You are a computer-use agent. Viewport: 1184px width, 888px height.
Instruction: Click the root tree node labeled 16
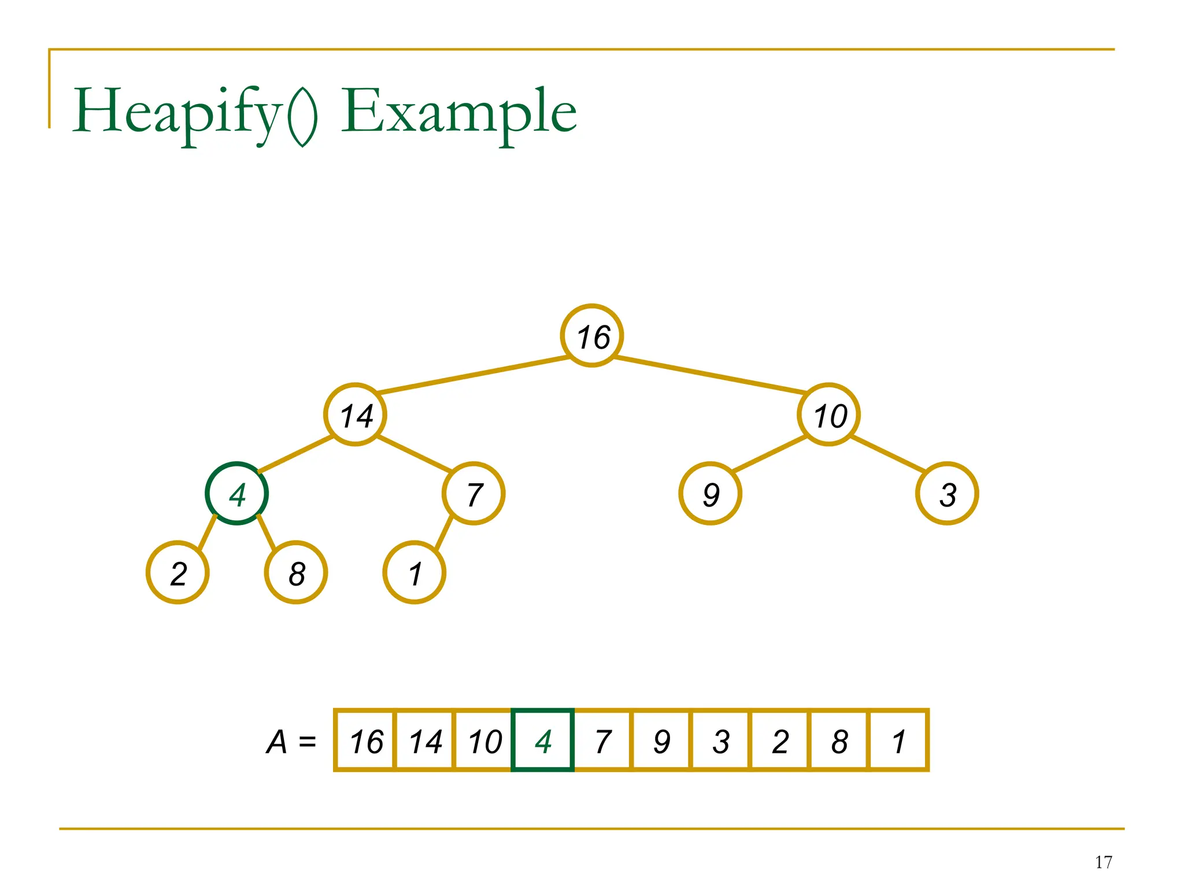(592, 335)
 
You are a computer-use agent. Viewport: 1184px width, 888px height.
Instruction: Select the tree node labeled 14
(355, 415)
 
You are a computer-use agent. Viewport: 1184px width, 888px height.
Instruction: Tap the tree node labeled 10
(828, 415)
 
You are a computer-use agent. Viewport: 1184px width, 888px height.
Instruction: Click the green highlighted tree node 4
(236, 494)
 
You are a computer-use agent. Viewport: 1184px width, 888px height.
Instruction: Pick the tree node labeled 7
(473, 494)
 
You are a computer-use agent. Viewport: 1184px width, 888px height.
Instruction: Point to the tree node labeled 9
(710, 494)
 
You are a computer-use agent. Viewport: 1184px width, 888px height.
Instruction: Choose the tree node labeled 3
(947, 494)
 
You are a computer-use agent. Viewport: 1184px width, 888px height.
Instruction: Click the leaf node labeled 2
(177, 572)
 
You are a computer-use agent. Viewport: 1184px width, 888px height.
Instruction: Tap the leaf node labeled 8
(296, 572)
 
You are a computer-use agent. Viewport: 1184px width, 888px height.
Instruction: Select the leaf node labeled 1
(415, 572)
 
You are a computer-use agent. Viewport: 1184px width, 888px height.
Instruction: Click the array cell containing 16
(365, 741)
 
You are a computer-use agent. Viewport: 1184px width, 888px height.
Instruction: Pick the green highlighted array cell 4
(543, 741)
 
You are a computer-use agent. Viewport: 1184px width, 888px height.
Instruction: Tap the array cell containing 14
(425, 741)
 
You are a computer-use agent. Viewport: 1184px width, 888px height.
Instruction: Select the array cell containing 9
(661, 741)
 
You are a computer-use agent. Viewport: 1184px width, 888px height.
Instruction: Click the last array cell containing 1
(898, 741)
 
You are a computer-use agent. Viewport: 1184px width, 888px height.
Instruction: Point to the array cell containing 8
(839, 741)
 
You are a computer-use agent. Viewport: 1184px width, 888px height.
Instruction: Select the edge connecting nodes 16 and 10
(710, 375)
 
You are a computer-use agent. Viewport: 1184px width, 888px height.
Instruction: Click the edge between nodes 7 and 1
(444, 532)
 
